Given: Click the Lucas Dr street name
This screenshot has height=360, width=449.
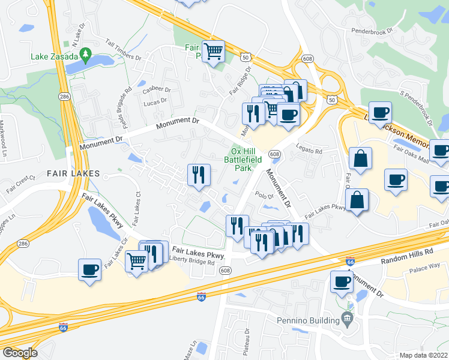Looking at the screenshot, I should coord(155,102).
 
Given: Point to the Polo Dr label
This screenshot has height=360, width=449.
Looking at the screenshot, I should coord(264,195).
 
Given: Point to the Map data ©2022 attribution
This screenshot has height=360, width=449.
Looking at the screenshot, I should coord(423,355).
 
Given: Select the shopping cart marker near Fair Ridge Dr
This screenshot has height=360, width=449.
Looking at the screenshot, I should coord(213,52).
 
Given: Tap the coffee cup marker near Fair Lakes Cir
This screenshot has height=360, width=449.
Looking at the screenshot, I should coord(90,269).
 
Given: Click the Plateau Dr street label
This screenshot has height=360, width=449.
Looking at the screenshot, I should coord(246,343).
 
